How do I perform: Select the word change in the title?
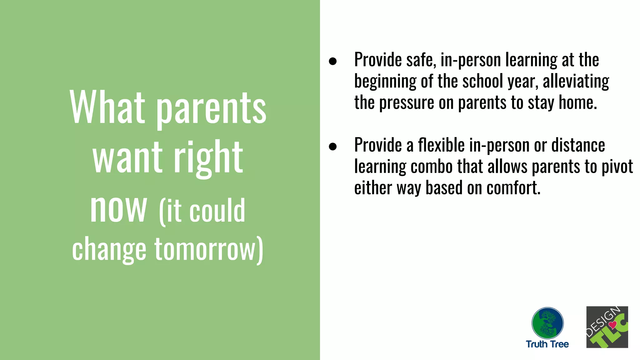coord(109,250)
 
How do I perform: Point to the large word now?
coord(118,208)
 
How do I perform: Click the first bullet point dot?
coord(333,61)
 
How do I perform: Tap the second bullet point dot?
coord(333,146)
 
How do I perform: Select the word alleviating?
coord(576,81)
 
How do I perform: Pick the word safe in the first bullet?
coord(421,60)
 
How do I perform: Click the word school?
coord(483,81)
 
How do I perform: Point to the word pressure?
coord(407,103)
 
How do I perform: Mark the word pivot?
coord(617,167)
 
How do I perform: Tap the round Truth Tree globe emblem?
coord(547,323)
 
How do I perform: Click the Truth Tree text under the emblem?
coord(547,344)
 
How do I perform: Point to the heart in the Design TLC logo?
coord(612,325)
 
